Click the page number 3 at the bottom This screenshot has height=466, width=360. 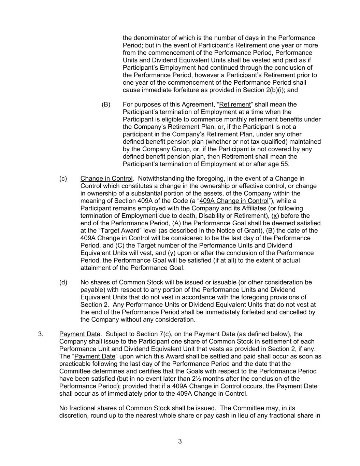pos(180,441)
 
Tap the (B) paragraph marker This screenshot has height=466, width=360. pos(106,104)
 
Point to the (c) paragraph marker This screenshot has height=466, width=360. pos(63,179)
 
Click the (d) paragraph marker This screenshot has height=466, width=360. pos(63,282)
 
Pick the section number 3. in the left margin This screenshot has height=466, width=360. pos(41,334)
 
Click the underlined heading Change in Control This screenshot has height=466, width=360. pos(106,179)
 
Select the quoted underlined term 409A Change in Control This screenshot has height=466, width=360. pos(234,201)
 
